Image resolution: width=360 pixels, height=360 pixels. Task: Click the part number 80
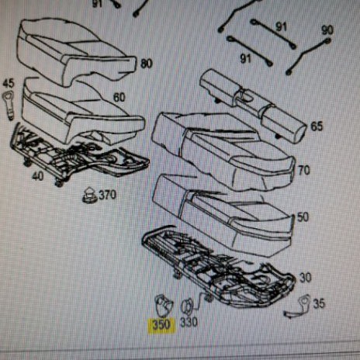147,64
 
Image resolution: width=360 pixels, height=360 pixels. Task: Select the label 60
119,98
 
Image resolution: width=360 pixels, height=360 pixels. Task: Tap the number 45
9,84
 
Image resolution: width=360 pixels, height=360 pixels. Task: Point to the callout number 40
38,176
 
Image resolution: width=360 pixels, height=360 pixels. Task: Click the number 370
108,195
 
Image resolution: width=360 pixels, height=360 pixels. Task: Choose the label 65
317,126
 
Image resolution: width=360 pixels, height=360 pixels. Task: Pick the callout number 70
304,171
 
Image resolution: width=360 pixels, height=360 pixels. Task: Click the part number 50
303,217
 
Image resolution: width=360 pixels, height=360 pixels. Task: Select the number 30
306,278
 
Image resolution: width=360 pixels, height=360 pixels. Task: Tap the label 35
319,304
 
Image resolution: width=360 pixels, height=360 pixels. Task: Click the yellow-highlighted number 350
161,325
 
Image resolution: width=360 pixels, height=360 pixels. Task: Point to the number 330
189,323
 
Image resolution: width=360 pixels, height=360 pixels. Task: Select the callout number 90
327,30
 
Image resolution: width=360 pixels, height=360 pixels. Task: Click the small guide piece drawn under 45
9,106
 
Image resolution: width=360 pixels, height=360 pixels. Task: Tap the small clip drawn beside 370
89,196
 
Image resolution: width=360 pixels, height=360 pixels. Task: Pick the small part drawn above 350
164,306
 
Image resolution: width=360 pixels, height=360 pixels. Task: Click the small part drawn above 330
187,307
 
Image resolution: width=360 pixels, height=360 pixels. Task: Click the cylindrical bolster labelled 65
254,106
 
